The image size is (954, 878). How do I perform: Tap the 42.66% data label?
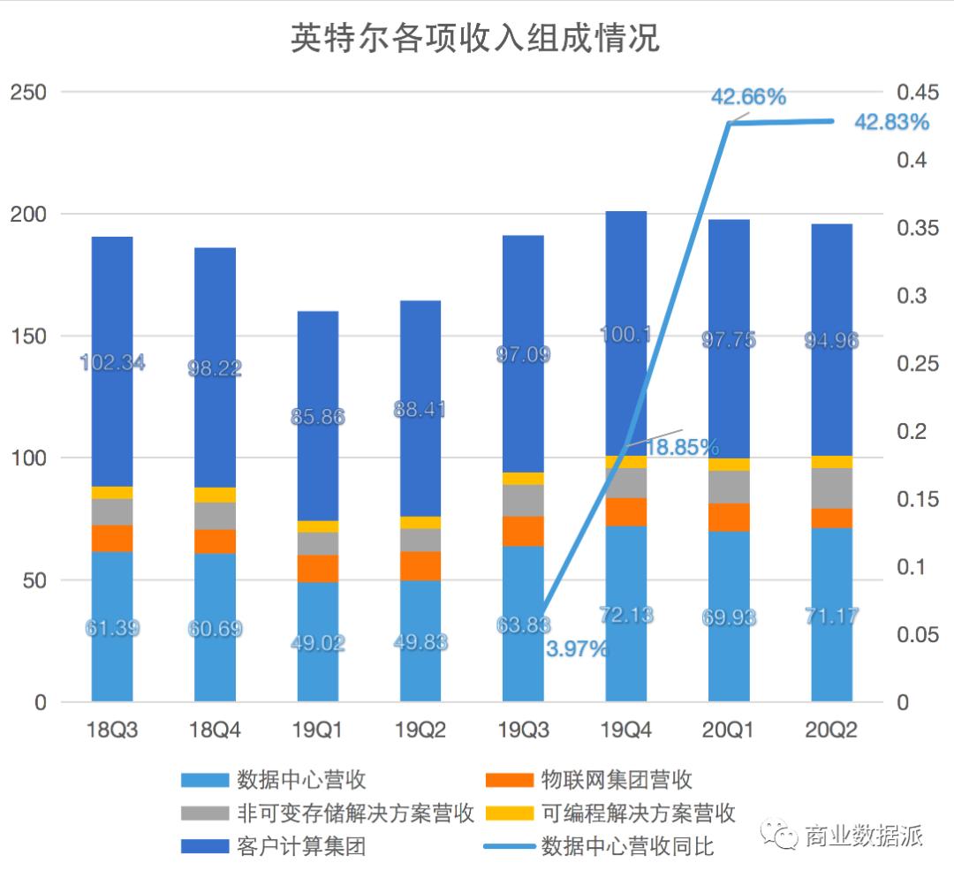pos(748,97)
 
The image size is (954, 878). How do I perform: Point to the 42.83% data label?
pos(890,123)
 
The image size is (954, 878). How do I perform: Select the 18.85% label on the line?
pos(681,448)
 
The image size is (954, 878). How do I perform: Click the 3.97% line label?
pos(577,650)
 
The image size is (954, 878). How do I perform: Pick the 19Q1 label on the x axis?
pos(317,730)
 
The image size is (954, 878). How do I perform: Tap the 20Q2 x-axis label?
pos(831,730)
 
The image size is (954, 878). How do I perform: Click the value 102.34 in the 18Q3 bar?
pos(112,362)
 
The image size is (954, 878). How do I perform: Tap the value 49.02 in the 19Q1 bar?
pos(317,643)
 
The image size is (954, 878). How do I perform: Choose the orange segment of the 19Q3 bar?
pos(523,531)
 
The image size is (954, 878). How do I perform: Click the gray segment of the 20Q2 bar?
pos(831,488)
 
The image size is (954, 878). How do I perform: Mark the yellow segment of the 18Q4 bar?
pos(215,495)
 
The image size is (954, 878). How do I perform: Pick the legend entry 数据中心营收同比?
pos(627,846)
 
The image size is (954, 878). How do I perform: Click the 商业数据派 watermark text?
pos(862,835)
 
